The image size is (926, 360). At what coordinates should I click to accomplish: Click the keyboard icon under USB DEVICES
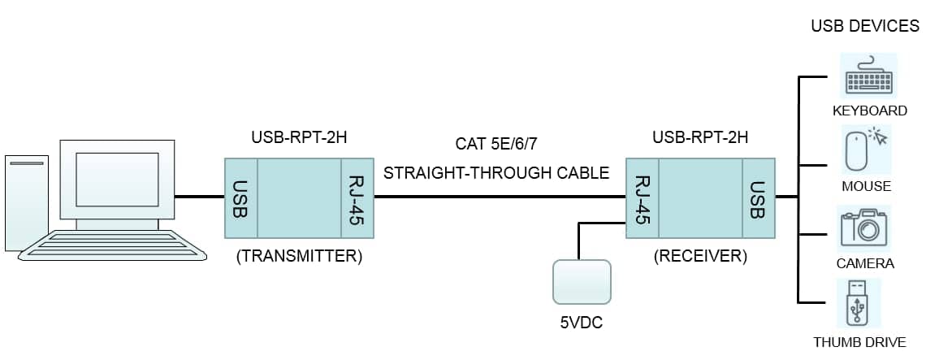(868, 75)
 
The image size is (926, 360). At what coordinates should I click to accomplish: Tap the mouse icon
(867, 151)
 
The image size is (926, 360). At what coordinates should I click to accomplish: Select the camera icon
(863, 229)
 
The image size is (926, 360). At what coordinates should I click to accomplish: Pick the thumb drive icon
(859, 302)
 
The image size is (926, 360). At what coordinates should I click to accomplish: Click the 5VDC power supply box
(582, 281)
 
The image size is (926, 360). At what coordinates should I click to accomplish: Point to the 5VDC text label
(582, 323)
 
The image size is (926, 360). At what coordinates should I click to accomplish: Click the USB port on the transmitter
(240, 198)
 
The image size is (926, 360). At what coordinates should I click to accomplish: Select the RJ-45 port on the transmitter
(357, 198)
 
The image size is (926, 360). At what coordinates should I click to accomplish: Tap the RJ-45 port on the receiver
(643, 198)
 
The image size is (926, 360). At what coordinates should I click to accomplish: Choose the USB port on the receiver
(759, 198)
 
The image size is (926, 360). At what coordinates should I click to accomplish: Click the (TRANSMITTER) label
(299, 257)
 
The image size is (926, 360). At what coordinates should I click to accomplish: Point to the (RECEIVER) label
(700, 257)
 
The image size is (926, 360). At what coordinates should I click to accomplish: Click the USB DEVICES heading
(865, 26)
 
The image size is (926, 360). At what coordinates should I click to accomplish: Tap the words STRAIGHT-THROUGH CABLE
(496, 173)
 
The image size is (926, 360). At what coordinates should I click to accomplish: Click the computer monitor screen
(118, 179)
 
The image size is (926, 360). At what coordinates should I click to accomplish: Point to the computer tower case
(27, 203)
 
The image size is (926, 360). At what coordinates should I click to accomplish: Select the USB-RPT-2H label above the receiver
(700, 138)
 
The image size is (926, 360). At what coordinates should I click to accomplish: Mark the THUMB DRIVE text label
(859, 342)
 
